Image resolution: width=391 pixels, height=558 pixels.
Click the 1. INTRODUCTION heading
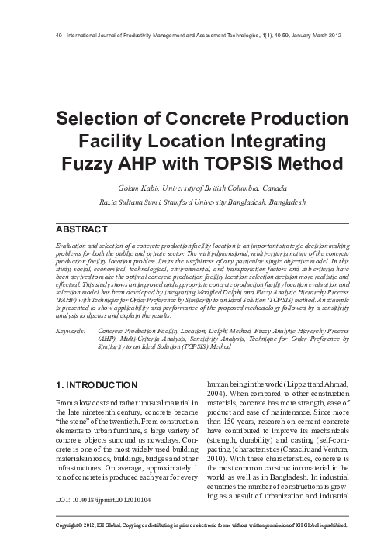tap(99, 384)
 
